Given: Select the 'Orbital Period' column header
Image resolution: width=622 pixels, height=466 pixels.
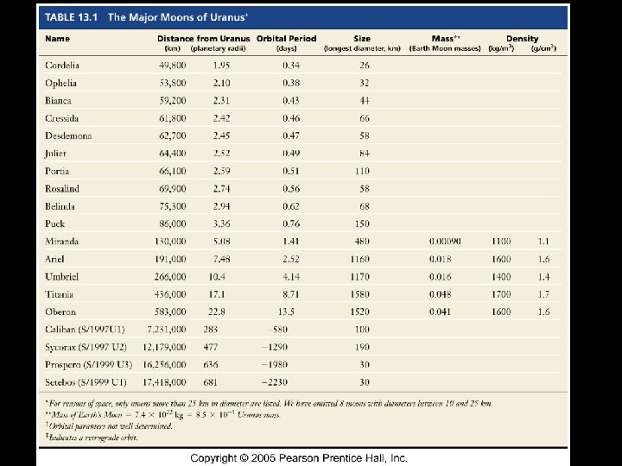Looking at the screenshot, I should pyautogui.click(x=284, y=39).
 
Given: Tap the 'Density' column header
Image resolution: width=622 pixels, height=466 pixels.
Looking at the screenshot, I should pyautogui.click(x=522, y=39).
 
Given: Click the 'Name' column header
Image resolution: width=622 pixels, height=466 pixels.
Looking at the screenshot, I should pyautogui.click(x=57, y=39).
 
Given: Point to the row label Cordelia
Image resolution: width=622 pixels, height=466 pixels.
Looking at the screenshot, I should pyautogui.click(x=62, y=66).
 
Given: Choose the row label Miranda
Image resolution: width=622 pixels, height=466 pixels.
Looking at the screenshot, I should pyautogui.click(x=61, y=241).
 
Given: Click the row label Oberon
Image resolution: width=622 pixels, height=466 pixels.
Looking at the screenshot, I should pyautogui.click(x=60, y=312).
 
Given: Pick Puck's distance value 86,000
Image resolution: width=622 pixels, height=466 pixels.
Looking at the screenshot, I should pyautogui.click(x=170, y=224).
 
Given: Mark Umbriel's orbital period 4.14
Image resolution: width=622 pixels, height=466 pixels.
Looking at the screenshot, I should pyautogui.click(x=290, y=276).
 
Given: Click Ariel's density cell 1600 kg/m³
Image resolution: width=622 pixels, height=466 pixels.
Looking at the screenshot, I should pyautogui.click(x=501, y=259).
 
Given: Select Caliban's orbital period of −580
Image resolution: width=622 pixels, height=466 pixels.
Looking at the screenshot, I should pyautogui.click(x=276, y=329).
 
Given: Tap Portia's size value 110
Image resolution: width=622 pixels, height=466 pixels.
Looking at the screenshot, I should pyautogui.click(x=361, y=171).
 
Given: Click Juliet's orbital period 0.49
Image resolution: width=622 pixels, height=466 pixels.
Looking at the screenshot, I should pyautogui.click(x=291, y=154).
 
